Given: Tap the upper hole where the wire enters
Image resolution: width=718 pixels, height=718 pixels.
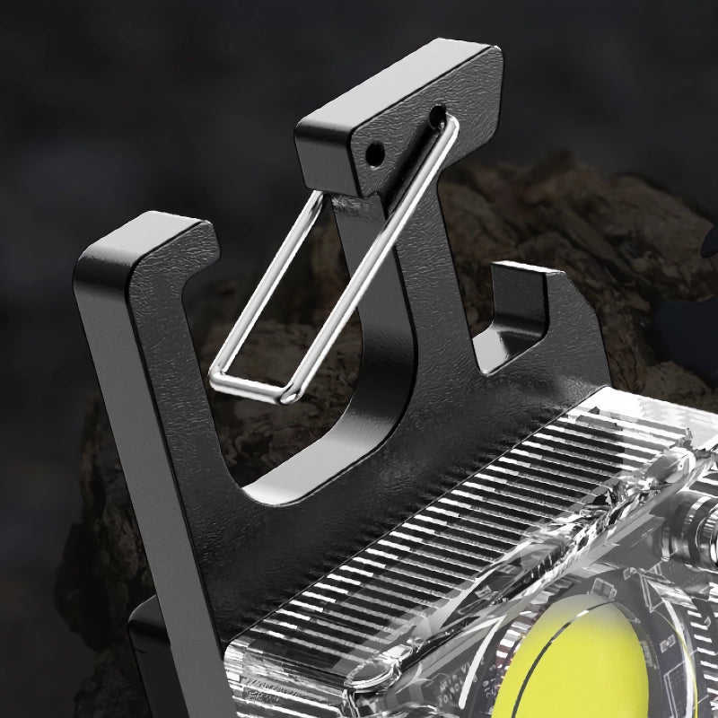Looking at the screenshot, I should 437,115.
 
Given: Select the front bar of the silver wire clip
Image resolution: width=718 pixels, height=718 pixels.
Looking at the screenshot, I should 377,260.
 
